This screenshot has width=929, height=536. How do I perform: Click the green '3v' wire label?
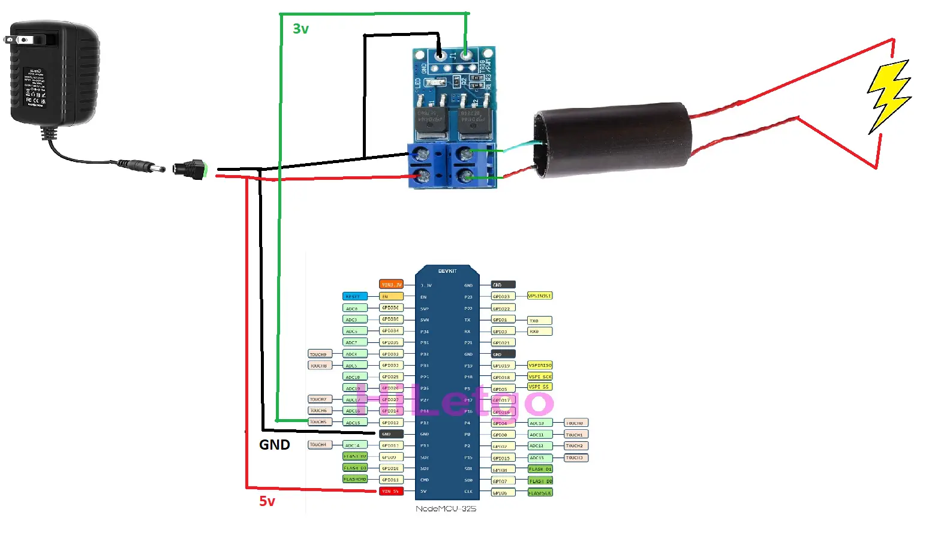tap(300, 29)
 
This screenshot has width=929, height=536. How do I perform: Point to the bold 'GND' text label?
tap(275, 445)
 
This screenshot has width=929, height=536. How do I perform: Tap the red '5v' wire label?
tap(267, 501)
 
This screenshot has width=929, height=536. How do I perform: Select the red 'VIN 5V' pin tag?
tap(391, 492)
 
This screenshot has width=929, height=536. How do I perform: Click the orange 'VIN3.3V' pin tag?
tap(391, 285)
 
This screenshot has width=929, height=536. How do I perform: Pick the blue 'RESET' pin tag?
tap(354, 296)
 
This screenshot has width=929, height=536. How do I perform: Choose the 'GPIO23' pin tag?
tap(503, 296)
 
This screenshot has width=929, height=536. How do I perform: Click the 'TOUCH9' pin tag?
tap(320, 354)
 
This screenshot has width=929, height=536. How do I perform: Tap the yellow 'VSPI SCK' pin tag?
tap(540, 377)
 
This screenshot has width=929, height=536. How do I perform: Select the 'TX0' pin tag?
tap(539, 320)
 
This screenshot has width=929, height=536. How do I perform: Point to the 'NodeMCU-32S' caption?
tap(446, 509)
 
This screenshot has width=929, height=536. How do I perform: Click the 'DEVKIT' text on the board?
tap(447, 271)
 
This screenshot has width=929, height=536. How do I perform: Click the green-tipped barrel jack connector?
tap(190, 169)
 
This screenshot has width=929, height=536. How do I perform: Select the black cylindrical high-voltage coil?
tap(612, 140)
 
